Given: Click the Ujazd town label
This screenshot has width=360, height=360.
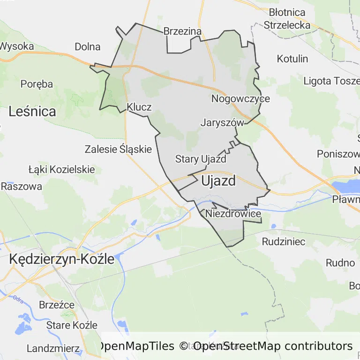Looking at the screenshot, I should click(218, 181).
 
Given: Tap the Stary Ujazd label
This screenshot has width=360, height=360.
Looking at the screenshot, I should click(201, 159).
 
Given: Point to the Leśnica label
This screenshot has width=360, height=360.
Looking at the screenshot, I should click(32, 112).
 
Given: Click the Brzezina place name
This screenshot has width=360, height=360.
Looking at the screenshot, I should click(182, 31).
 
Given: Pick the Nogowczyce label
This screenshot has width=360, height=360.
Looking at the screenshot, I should click(240, 99).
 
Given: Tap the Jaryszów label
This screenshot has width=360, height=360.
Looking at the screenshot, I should click(222, 123).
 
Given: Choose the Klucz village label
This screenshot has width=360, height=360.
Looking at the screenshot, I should click(139, 107).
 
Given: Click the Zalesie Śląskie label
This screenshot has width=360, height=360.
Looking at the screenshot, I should click(118, 150).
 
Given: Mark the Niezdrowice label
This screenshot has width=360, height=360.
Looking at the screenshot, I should click(233, 214).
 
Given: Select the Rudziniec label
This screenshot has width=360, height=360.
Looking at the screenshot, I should click(284, 242).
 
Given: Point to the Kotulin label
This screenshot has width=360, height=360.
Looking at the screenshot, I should click(292, 59).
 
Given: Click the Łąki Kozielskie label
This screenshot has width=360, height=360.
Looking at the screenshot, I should click(61, 169).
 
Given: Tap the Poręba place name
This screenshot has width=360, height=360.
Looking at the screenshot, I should click(37, 84).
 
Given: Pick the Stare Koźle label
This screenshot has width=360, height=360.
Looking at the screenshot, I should click(72, 325).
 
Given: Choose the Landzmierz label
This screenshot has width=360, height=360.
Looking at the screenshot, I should click(53, 348).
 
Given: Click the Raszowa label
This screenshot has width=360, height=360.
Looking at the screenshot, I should click(21, 186).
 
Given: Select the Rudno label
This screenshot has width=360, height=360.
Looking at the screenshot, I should click(340, 262).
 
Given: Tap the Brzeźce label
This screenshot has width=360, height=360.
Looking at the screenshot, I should click(57, 305).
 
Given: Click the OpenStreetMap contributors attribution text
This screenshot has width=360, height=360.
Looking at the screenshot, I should click(273, 346).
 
